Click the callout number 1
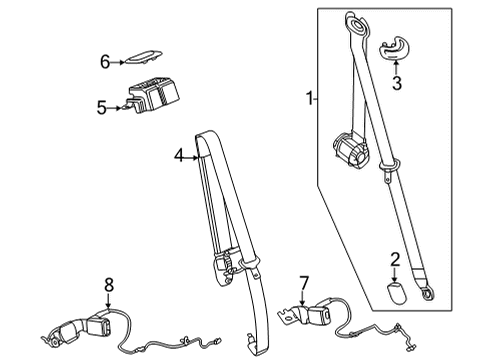[310, 100]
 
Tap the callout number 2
[394, 260]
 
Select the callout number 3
[397, 84]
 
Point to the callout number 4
[178, 156]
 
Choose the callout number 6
[103, 62]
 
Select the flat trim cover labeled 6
[140, 61]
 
